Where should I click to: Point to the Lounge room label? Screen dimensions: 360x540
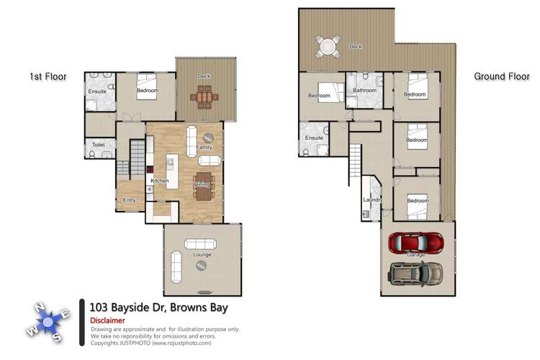pyautogui.click(x=202, y=255)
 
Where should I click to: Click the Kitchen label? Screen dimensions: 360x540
pyautogui.click(x=159, y=181)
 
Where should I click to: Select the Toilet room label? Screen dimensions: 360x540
pyautogui.click(x=98, y=145)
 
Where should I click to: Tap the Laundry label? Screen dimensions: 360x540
pyautogui.click(x=372, y=199)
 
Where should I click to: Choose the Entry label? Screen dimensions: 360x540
pyautogui.click(x=129, y=199)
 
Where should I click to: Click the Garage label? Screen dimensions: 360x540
pyautogui.click(x=416, y=256)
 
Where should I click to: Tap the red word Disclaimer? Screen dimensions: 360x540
pyautogui.click(x=107, y=320)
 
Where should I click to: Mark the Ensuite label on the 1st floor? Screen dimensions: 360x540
pyautogui.click(x=97, y=92)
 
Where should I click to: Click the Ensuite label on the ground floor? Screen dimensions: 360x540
pyautogui.click(x=314, y=138)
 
